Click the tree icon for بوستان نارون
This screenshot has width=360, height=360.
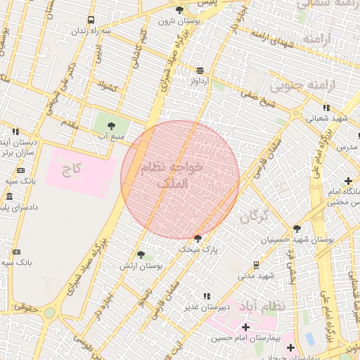point(179,10)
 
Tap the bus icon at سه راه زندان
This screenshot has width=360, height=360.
point(91,20)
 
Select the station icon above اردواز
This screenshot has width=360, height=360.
point(200,70)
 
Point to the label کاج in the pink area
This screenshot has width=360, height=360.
point(72,169)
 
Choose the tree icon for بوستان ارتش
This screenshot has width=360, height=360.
point(141,255)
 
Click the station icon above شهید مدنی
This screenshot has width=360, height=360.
point(256,265)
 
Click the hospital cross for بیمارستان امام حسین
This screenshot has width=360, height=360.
point(245,327)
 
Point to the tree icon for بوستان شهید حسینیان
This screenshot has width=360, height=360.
point(297,229)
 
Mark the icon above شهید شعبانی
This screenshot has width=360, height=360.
point(326,108)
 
